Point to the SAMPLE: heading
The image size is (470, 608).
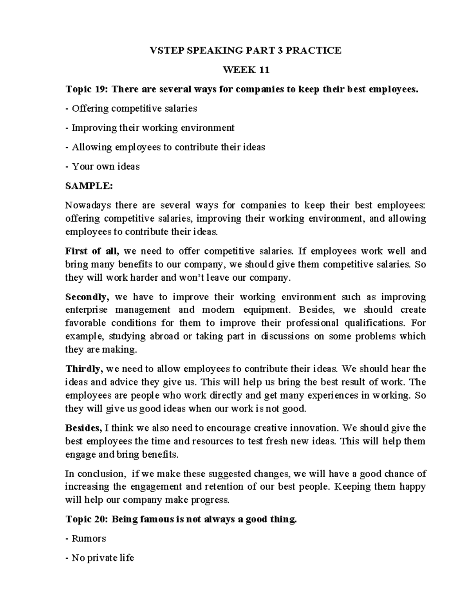tap(89, 186)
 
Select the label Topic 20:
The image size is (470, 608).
tap(87, 520)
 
